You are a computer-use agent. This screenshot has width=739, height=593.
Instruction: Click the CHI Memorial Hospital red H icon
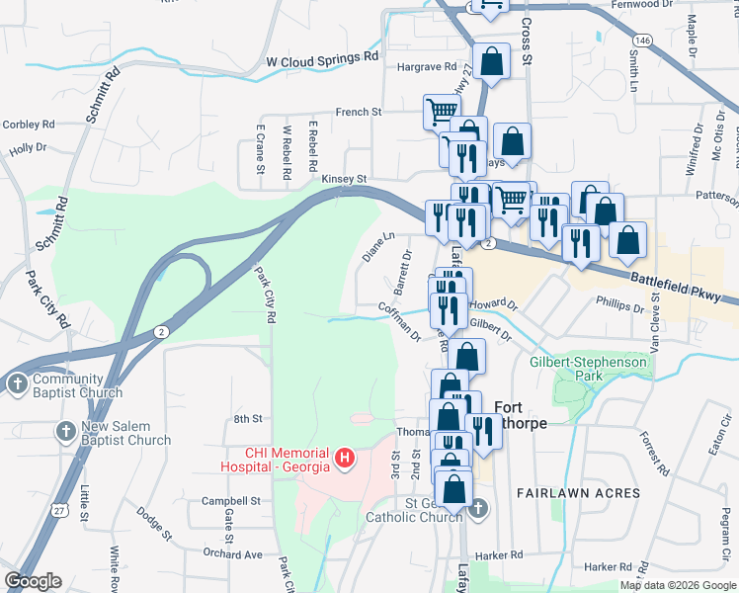(344, 457)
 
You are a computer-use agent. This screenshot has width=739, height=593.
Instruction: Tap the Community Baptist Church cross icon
(17, 384)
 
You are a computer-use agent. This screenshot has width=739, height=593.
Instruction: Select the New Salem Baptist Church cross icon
(65, 431)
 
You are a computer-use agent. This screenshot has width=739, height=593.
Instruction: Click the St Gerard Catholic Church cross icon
(477, 508)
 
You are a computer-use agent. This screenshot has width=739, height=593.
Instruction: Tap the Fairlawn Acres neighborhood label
(579, 492)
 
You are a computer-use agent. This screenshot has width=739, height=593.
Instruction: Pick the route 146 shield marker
(643, 41)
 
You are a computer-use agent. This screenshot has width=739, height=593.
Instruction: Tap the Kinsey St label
(344, 179)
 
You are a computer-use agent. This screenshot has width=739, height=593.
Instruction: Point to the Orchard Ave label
(233, 554)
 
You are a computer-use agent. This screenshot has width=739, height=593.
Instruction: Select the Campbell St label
(230, 501)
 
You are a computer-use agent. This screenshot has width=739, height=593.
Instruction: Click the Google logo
(33, 581)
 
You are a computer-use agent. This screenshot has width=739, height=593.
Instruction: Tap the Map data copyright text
(678, 585)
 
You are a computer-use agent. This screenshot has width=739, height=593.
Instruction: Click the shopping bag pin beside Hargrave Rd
(491, 62)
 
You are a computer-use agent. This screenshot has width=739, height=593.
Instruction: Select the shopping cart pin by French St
(441, 112)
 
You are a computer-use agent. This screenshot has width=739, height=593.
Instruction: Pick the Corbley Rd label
(28, 125)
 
